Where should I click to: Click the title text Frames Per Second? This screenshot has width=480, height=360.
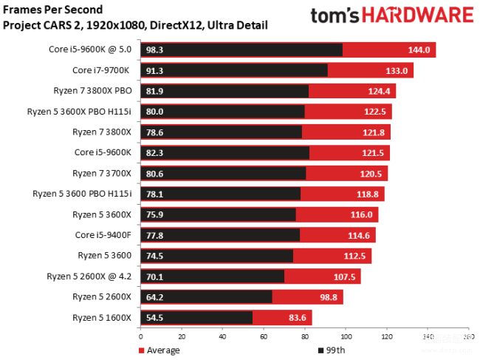(53, 10)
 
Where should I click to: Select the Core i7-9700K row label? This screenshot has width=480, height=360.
(101, 70)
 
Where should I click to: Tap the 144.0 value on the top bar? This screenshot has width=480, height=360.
(419, 50)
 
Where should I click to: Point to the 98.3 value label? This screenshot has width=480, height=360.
(154, 50)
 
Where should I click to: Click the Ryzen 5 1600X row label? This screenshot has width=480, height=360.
(102, 317)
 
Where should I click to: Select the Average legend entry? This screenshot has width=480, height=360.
(159, 350)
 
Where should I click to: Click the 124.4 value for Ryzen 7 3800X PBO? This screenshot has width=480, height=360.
(378, 91)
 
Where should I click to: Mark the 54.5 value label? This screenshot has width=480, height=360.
(154, 317)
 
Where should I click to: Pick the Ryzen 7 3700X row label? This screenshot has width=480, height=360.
(102, 173)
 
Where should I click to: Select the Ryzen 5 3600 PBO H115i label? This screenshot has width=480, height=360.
(82, 194)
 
